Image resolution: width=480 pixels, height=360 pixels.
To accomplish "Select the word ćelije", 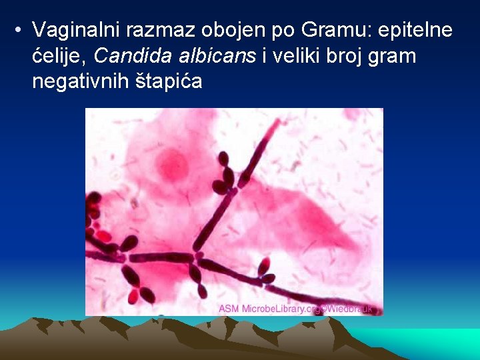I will click(x=55, y=56).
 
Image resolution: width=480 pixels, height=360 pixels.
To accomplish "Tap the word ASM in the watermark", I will click(x=229, y=309).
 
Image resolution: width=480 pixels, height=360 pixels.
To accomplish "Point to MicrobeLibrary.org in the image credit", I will click(x=280, y=309).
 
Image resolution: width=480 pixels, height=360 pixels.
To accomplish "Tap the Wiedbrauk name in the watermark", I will click(x=350, y=309).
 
